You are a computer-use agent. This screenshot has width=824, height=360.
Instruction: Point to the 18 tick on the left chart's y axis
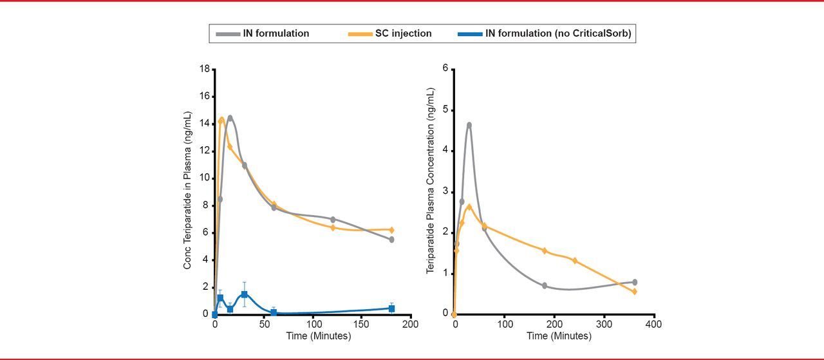click(204, 69)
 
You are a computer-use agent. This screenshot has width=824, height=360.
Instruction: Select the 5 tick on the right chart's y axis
click(445, 110)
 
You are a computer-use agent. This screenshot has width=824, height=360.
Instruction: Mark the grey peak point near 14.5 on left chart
click(230, 118)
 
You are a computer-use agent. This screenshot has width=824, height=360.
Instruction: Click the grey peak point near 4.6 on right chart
click(469, 125)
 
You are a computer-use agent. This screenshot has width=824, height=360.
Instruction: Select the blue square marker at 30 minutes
click(244, 294)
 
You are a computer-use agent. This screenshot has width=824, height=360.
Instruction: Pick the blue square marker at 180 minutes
click(391, 308)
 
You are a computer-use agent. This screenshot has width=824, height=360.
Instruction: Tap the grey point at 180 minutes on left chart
click(391, 240)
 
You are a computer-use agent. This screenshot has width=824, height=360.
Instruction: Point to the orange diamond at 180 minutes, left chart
click(391, 230)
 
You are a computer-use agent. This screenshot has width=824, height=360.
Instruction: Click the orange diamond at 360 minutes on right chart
click(634, 292)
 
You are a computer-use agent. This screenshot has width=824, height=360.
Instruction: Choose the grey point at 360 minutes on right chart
click(635, 282)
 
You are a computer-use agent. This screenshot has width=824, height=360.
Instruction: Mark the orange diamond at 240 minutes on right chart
click(574, 261)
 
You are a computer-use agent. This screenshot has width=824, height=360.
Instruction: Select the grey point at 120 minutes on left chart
click(333, 220)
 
